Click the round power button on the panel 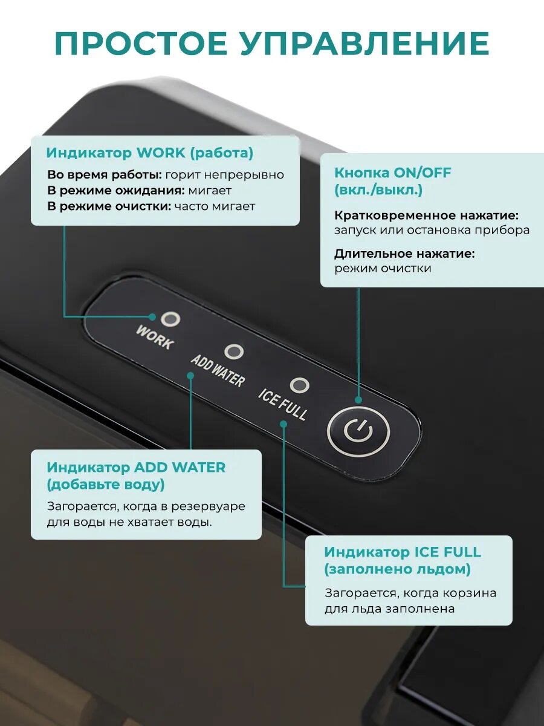click(x=358, y=432)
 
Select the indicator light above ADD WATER click(x=233, y=352)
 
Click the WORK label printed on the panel click(x=155, y=338)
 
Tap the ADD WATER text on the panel click(x=218, y=370)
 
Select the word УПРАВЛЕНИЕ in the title click(x=362, y=44)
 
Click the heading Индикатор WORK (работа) click(x=149, y=153)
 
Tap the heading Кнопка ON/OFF click(x=393, y=172)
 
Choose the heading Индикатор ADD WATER click(x=136, y=467)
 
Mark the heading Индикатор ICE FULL click(x=403, y=552)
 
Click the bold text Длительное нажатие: click(x=404, y=253)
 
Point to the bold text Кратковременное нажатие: click(x=426, y=215)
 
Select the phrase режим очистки click(x=383, y=269)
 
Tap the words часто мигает click(x=215, y=206)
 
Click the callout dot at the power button click(x=358, y=400)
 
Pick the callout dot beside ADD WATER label click(x=190, y=375)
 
